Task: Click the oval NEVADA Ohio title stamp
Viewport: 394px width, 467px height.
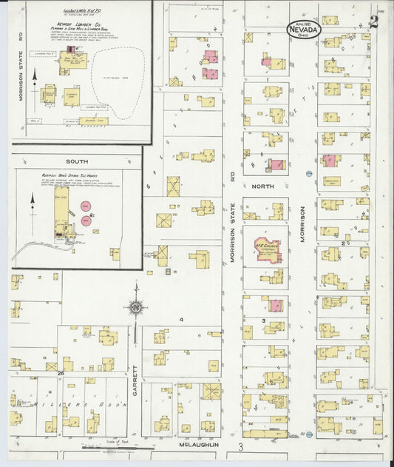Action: (305, 28)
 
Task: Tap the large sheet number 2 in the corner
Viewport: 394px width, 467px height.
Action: (374, 21)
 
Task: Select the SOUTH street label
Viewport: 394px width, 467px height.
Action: (76, 161)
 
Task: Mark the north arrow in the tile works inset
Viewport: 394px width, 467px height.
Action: (33, 203)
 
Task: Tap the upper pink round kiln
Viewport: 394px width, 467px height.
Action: (86, 204)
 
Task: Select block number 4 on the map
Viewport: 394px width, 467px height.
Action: (180, 320)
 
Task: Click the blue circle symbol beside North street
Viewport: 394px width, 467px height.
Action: (308, 174)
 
